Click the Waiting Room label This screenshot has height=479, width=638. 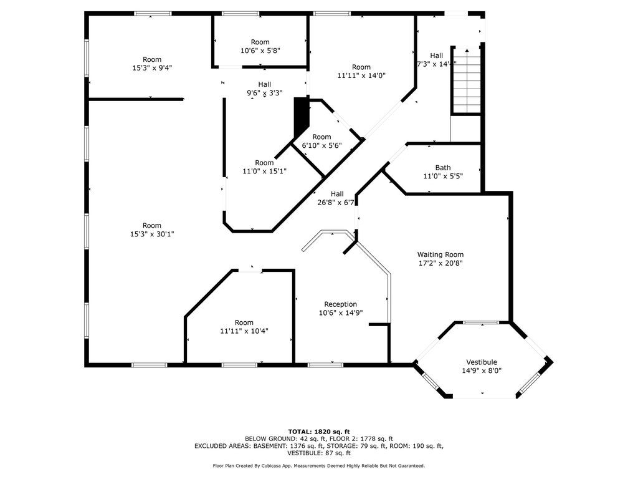click(x=440, y=254)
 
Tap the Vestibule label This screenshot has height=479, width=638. click(x=482, y=362)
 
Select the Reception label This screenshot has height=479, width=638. click(x=341, y=304)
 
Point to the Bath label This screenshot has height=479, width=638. click(x=443, y=167)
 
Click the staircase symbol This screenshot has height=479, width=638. click(x=467, y=81)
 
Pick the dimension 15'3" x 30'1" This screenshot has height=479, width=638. click(x=152, y=235)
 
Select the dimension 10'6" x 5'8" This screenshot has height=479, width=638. click(x=260, y=51)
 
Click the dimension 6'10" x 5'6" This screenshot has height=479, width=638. click(x=322, y=145)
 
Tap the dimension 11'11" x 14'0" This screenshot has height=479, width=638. click(x=361, y=75)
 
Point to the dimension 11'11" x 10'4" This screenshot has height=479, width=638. click(x=244, y=331)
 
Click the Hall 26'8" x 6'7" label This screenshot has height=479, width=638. click(x=336, y=198)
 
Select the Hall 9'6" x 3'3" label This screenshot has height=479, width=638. click(x=264, y=89)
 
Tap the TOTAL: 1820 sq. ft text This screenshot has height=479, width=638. click(x=319, y=432)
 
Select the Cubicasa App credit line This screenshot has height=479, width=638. click(x=319, y=465)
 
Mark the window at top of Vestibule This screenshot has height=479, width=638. click(x=482, y=322)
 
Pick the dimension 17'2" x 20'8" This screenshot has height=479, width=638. click(x=440, y=263)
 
